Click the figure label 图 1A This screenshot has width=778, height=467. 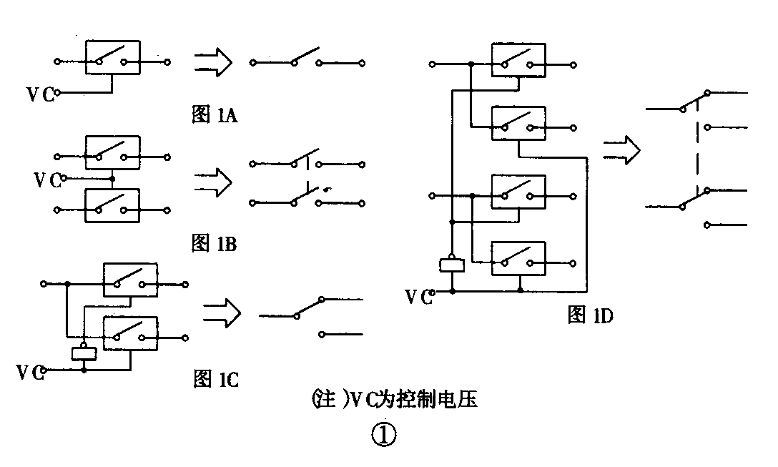(215, 115)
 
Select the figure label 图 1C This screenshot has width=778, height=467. (215, 378)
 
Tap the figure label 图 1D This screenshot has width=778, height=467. (590, 315)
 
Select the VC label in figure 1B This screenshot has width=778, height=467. (48, 179)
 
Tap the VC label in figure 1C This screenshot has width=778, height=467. (31, 372)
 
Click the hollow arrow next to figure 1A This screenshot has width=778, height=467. (212, 62)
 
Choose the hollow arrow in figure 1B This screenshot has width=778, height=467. (212, 183)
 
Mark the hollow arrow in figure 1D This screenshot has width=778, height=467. (621, 151)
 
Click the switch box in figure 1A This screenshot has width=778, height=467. (112, 57)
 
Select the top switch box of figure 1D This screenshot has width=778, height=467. (518, 59)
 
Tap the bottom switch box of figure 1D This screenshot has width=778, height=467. (518, 257)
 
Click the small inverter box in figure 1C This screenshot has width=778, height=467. (84, 352)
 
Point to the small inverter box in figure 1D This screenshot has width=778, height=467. (452, 265)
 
